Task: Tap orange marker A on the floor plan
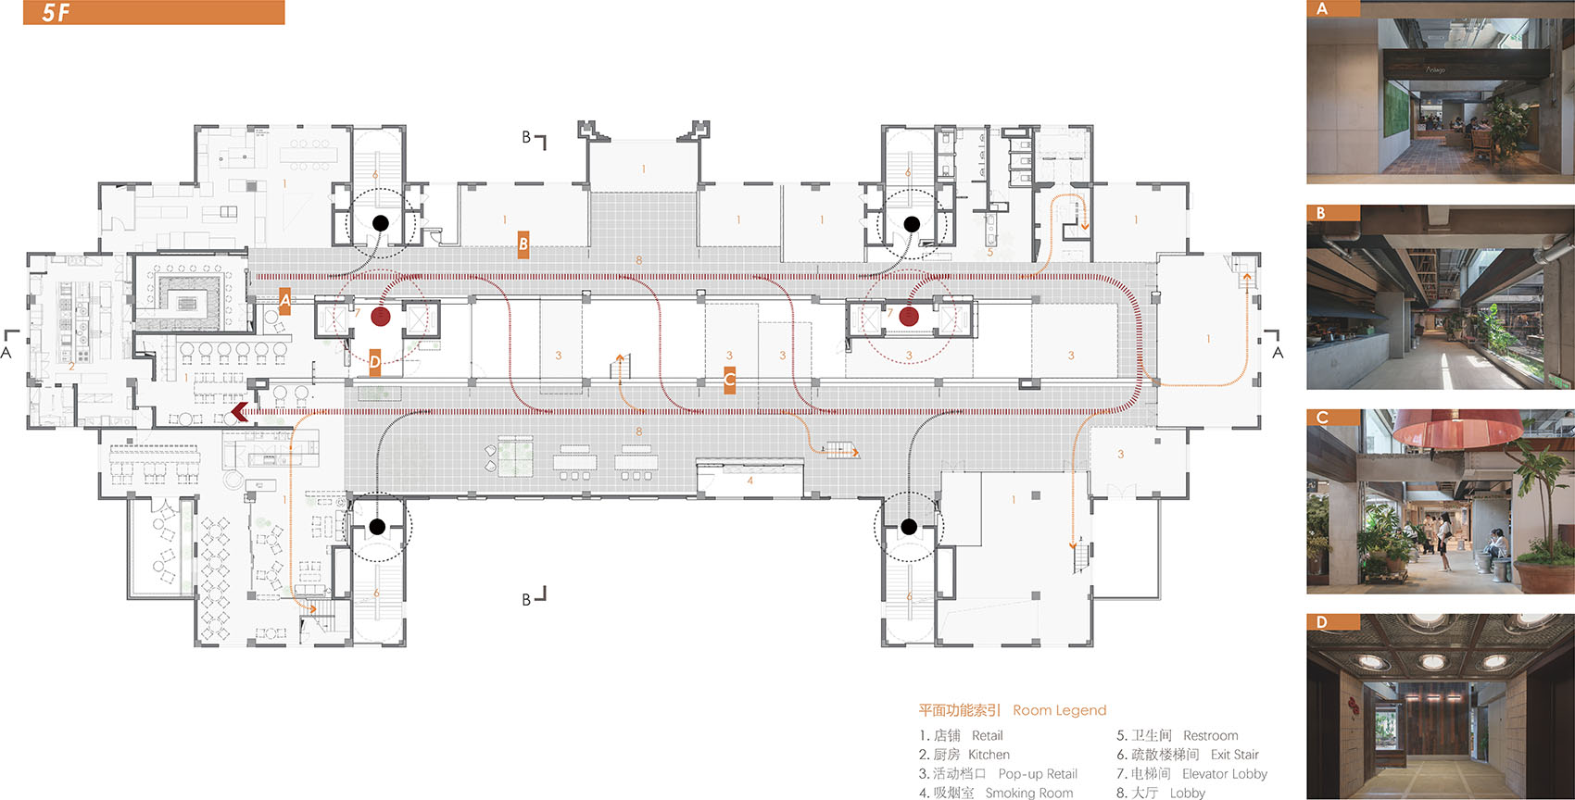pyautogui.click(x=284, y=301)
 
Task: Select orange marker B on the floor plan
pyautogui.click(x=523, y=244)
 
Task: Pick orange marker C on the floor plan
pyautogui.click(x=730, y=381)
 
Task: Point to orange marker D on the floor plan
pyautogui.click(x=375, y=362)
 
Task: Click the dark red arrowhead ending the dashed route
pyautogui.click(x=240, y=412)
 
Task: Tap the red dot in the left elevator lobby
pyautogui.click(x=381, y=317)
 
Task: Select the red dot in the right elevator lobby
pyautogui.click(x=909, y=317)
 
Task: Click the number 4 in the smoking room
pyautogui.click(x=750, y=481)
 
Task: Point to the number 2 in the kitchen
pyautogui.click(x=71, y=367)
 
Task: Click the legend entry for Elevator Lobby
pyautogui.click(x=1191, y=773)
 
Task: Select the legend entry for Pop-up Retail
pyautogui.click(x=998, y=773)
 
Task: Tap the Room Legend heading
pyautogui.click(x=1060, y=710)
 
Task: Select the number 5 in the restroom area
pyautogui.click(x=990, y=252)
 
